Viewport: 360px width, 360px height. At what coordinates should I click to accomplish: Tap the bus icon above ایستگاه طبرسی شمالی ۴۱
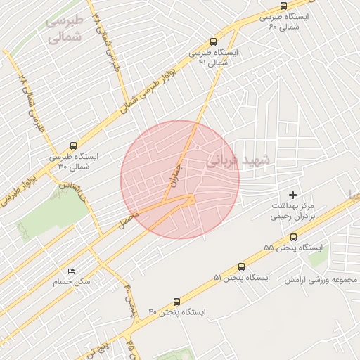tap(214, 41)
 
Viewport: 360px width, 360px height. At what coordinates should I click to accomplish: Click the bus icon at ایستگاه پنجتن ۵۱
tap(242, 266)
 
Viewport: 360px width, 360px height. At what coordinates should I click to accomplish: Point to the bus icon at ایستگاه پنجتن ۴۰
tap(176, 300)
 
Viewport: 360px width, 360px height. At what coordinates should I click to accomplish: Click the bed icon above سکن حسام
tap(71, 271)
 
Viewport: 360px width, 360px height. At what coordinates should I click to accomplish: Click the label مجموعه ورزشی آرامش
tap(321, 280)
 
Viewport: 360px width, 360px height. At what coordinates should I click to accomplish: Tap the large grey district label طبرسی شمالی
tap(64, 29)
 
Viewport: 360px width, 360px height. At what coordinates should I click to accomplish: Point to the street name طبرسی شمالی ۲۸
tap(30, 103)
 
